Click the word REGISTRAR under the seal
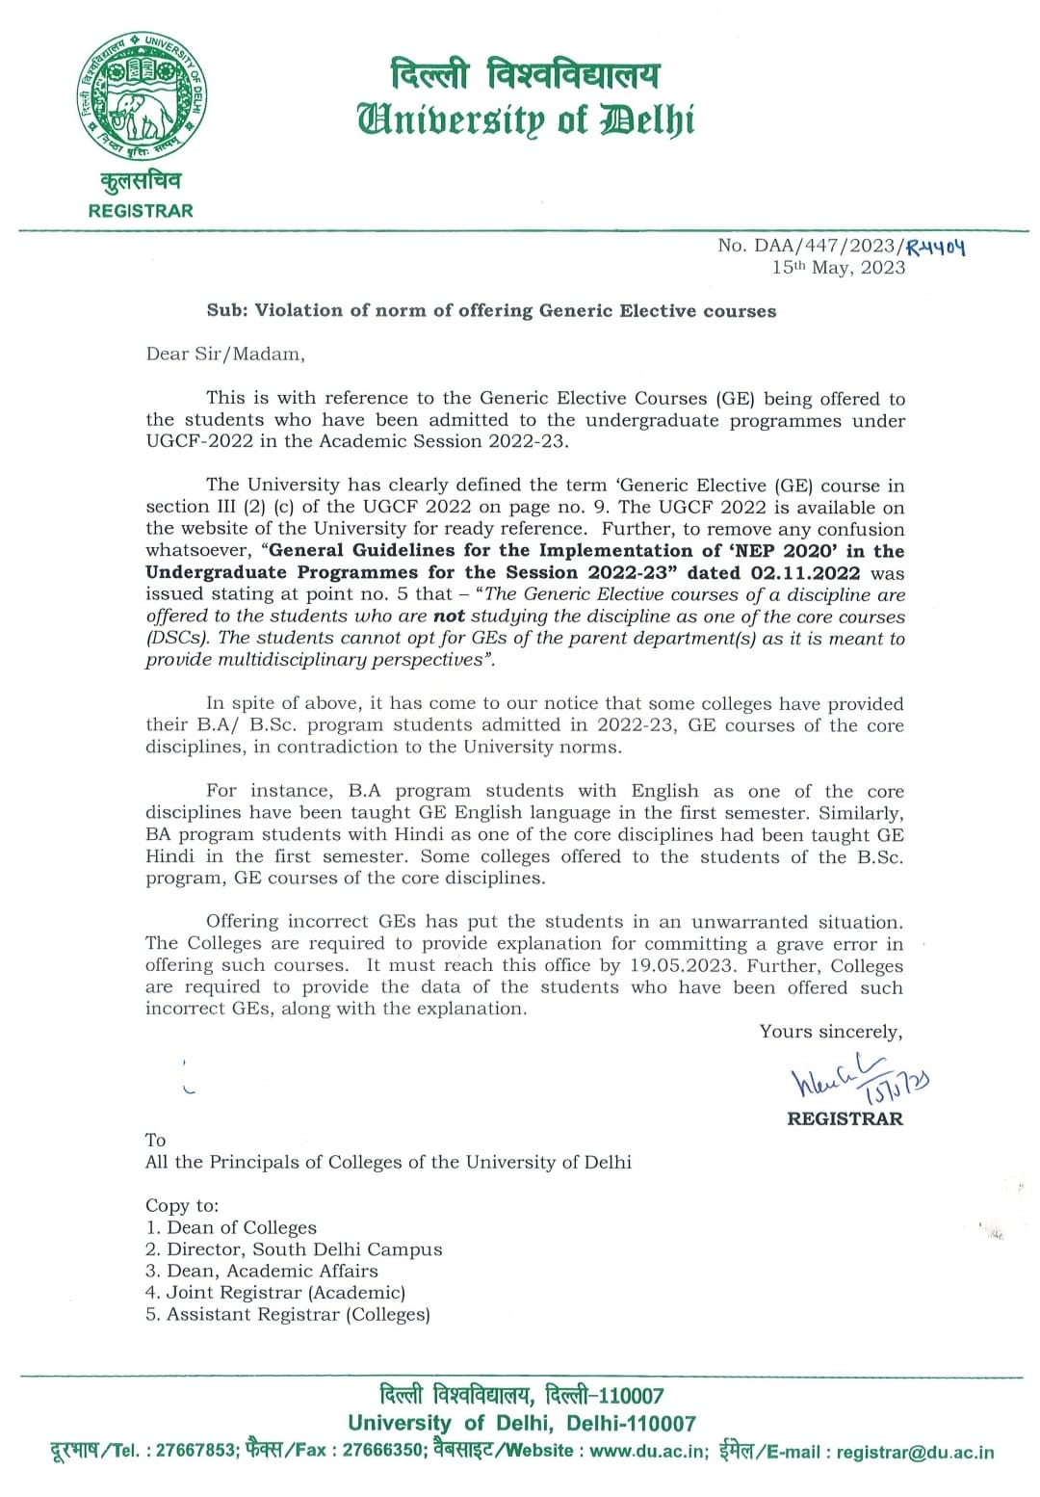(x=141, y=211)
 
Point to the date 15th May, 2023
(x=838, y=268)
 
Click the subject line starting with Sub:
(x=491, y=311)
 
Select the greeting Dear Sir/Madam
(x=225, y=355)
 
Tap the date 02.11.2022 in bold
(x=805, y=573)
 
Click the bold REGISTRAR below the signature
(x=845, y=1119)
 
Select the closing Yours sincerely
(x=830, y=1032)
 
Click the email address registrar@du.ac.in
(x=915, y=1453)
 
